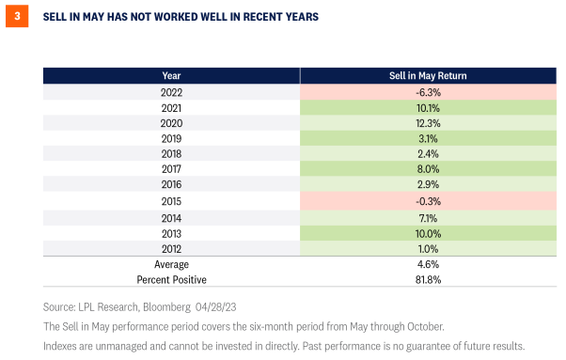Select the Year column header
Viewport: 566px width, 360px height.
pos(171,75)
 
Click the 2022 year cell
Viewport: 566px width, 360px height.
pos(171,91)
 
